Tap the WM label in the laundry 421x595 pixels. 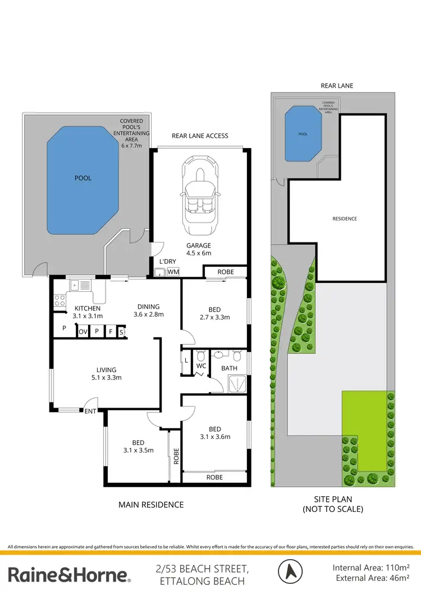173,272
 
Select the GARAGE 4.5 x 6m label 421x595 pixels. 199,249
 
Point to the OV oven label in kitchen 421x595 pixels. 83,332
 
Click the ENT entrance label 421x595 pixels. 90,411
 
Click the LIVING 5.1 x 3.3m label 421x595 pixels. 106,373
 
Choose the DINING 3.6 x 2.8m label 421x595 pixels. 148,310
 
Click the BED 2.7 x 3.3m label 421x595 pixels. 214,313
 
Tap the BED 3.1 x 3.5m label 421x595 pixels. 138,446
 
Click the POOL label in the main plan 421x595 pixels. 83,178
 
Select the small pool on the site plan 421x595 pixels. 303,134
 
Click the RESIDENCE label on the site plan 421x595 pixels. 344,219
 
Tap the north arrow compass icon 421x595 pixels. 291,572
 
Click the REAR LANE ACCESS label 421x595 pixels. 199,136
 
